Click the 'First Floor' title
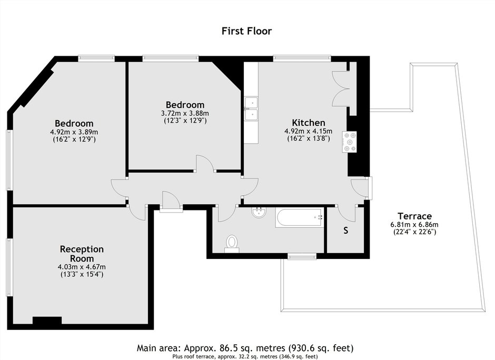pos(246,31)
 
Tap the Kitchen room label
pos(309,123)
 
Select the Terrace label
pos(414,216)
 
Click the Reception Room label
pos(82,254)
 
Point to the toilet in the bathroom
pos(232,244)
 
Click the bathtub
pos(299,217)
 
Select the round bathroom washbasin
pos(259,212)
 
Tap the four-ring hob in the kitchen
pos(349,142)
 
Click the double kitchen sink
pos(251,109)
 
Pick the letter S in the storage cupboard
pos(345,231)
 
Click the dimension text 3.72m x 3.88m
pos(185,113)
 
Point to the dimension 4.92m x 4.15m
pos(309,131)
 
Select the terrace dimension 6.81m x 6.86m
pos(414,225)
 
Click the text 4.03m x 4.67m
pos(82,267)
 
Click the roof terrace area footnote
pos(245,356)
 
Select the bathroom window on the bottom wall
pos(302,256)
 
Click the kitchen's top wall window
pos(302,58)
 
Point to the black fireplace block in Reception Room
pos(47,321)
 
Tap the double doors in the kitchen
pos(340,88)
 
